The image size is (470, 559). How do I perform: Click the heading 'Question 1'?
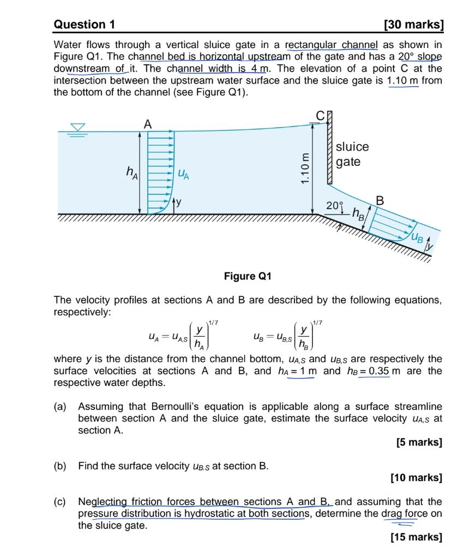click(84, 25)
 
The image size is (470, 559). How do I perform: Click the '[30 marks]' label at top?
click(413, 25)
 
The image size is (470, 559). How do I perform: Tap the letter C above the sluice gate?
click(320, 115)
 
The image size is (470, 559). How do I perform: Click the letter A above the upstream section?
click(147, 124)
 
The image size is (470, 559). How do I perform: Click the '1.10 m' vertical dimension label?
click(306, 169)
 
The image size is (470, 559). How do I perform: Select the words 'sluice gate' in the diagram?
click(352, 154)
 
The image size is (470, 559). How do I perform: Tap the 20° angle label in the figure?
click(334, 206)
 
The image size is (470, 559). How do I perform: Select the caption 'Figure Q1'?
click(248, 276)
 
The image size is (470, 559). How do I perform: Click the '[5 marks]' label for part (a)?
click(419, 442)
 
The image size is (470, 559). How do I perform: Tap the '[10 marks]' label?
click(417, 478)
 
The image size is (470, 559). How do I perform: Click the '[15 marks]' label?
click(417, 537)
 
